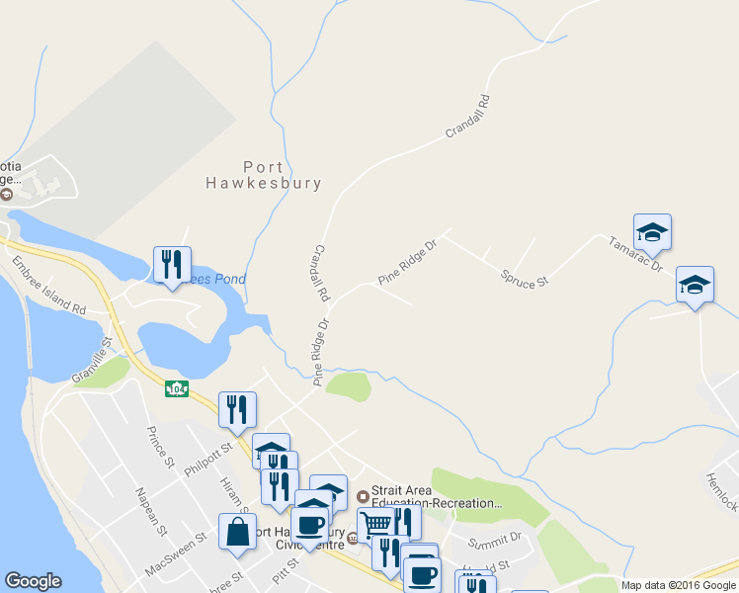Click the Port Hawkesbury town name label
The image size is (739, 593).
[x=263, y=175]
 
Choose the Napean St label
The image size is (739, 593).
[x=149, y=511]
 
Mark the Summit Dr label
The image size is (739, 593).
[x=494, y=539]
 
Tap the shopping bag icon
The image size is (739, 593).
[x=239, y=532]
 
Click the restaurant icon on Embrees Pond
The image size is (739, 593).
[x=172, y=264]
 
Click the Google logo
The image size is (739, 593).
[x=34, y=581]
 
